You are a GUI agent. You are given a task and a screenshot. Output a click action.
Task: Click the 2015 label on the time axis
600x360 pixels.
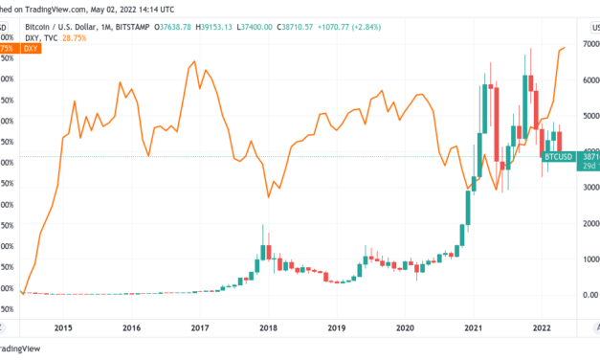(x=63, y=327)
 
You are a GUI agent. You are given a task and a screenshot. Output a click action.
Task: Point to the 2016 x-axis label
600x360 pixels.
(x=131, y=327)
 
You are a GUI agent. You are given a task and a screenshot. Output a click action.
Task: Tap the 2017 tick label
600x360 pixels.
(x=199, y=327)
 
